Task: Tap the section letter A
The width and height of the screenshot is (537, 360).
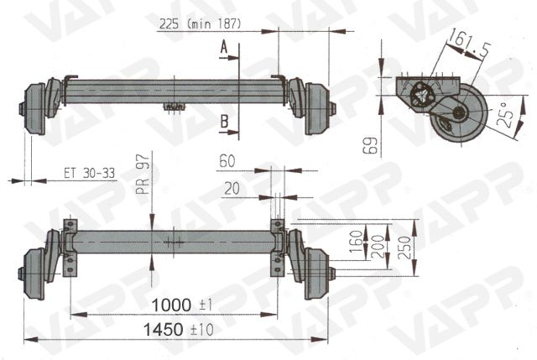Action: tap(224, 50)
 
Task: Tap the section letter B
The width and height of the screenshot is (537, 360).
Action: tap(224, 122)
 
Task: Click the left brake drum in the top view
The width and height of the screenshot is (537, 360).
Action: tap(32, 107)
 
